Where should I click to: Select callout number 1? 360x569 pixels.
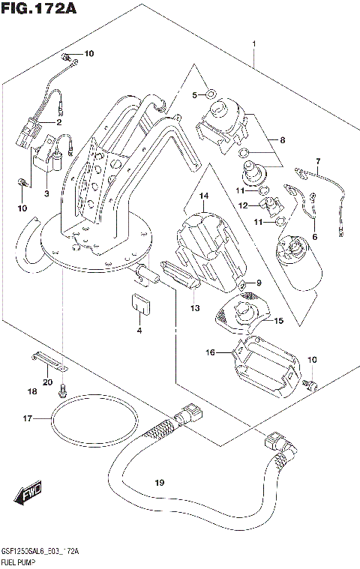pos(254,43)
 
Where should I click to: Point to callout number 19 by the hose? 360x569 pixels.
pos(158,482)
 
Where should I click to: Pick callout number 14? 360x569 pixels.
pos(202,196)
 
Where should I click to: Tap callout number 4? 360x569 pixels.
pos(139,330)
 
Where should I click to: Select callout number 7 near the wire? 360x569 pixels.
pos(317,161)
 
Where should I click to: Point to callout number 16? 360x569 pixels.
pos(211,351)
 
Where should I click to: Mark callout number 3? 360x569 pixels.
pos(46,194)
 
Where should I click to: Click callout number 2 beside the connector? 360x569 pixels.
pos(58,122)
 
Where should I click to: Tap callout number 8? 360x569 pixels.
pos(283,139)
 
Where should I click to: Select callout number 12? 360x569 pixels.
pos(242,205)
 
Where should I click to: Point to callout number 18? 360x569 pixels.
pos(31,391)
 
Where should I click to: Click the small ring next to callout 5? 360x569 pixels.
pos(211,94)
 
